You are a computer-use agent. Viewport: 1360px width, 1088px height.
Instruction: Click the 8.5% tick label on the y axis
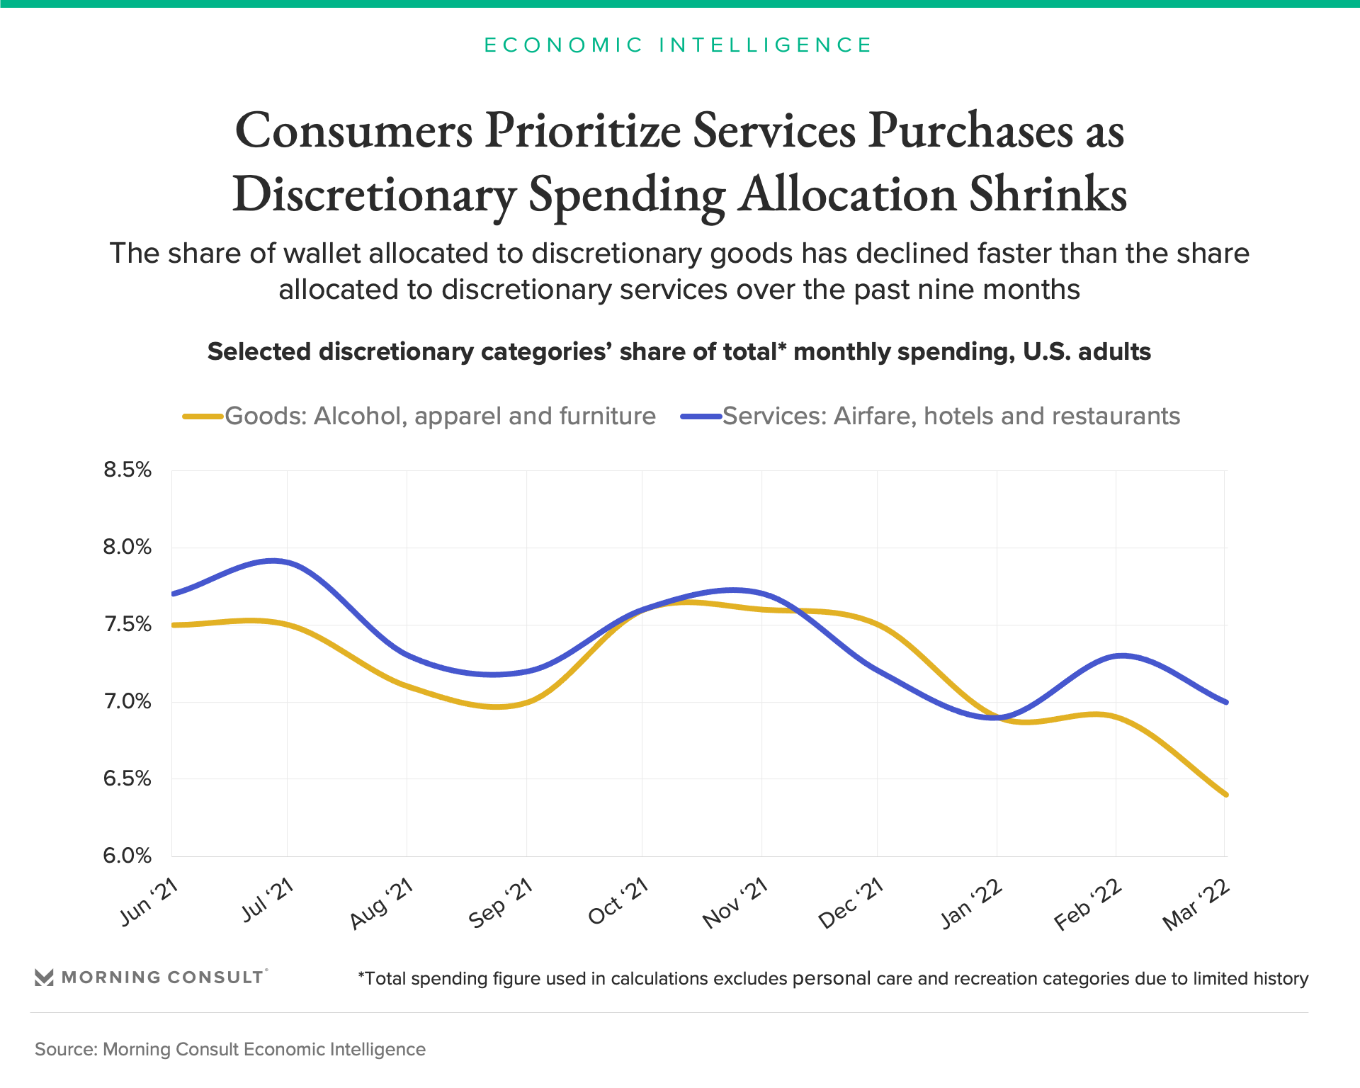[x=127, y=470]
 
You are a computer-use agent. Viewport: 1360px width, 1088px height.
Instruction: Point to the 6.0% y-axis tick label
[x=127, y=856]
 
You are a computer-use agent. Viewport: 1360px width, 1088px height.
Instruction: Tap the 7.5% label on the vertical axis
[x=127, y=625]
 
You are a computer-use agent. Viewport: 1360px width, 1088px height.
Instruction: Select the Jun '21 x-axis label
[x=149, y=902]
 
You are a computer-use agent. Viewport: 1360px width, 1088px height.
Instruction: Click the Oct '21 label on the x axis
[x=619, y=901]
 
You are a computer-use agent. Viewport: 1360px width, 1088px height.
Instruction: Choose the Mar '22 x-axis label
[x=1197, y=906]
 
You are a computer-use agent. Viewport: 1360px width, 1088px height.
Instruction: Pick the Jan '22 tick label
[x=972, y=904]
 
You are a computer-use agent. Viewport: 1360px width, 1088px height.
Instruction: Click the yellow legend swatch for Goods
[x=203, y=416]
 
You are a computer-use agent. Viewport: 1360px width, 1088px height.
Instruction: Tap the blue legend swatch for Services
[x=701, y=416]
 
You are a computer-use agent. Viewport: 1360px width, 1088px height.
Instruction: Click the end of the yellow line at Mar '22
[x=1225, y=795]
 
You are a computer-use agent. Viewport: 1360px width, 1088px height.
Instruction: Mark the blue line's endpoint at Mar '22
[x=1225, y=702]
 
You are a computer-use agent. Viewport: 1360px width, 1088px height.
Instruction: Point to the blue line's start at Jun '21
[x=173, y=594]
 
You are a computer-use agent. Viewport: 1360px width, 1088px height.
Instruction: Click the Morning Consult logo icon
[x=44, y=977]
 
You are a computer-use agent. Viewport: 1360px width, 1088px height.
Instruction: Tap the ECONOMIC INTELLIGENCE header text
[x=679, y=45]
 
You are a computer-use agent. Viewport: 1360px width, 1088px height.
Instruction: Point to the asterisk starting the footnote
[x=361, y=975]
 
